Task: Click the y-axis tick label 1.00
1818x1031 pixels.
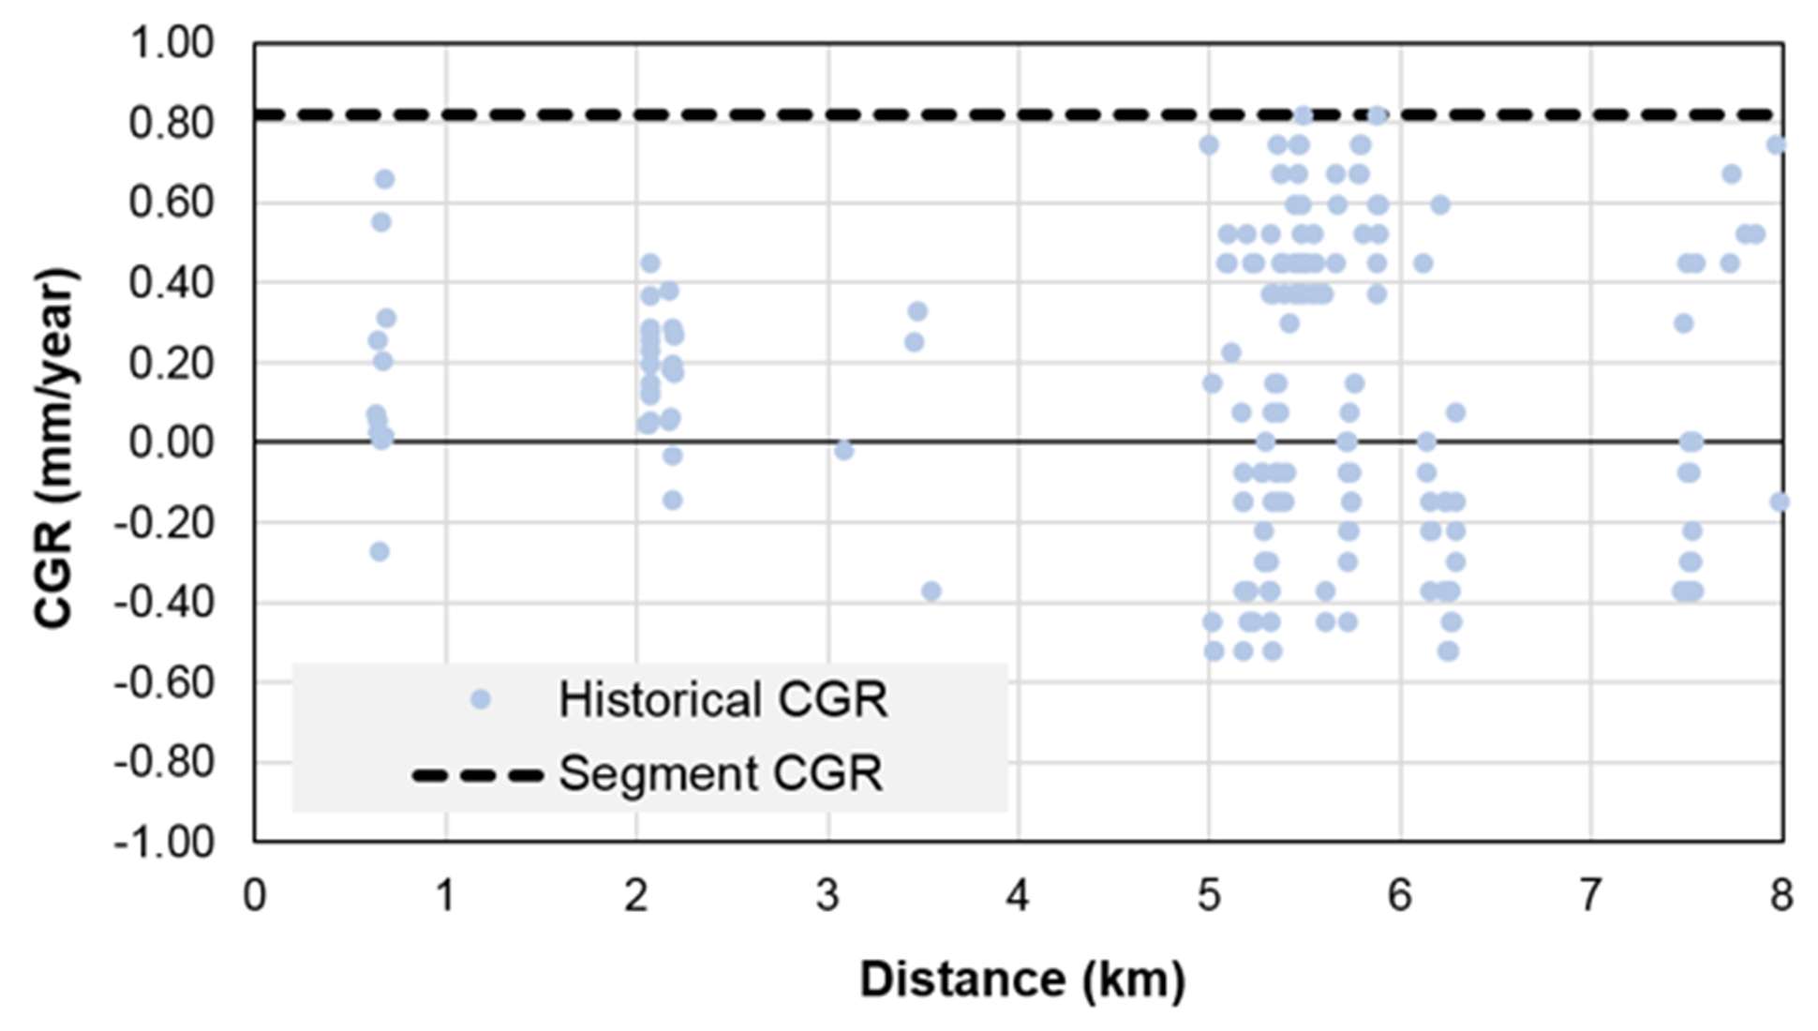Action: click(171, 44)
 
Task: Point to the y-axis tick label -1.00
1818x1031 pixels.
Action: click(164, 842)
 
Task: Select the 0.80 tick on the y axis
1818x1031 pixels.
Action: click(171, 124)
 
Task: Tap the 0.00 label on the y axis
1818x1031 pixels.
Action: click(171, 442)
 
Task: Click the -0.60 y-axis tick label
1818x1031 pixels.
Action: click(164, 682)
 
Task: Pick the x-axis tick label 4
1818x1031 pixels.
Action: click(1018, 896)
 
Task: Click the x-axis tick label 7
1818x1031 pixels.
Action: click(1590, 896)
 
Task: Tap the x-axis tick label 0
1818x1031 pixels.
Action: click(254, 896)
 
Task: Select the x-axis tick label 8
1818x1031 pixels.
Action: click(1781, 896)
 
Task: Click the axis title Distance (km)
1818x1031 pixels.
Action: click(1021, 979)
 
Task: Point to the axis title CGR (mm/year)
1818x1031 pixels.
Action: click(54, 448)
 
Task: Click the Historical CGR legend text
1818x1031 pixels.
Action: click(723, 700)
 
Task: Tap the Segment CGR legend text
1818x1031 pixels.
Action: click(720, 774)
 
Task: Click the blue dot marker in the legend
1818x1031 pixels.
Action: click(481, 699)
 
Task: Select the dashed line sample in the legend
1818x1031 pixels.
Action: click(478, 775)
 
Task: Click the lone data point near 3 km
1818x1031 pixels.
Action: click(843, 451)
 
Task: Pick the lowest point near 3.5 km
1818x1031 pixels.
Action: click(931, 591)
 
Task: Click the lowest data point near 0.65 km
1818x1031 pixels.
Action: click(380, 552)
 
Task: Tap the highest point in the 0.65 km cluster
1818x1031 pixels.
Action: click(384, 179)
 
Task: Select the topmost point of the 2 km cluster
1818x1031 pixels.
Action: click(650, 263)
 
